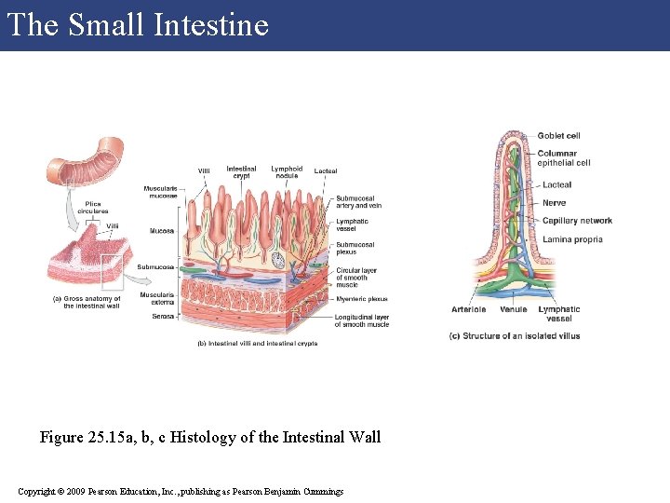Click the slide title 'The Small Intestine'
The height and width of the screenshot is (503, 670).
coord(137,24)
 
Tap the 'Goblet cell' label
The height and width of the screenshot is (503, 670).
coord(558,136)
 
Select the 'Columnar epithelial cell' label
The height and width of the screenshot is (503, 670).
coord(563,158)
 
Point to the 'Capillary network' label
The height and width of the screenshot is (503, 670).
coord(577,221)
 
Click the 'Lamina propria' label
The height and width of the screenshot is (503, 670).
coord(572,239)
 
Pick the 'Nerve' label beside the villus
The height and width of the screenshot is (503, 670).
coord(554,203)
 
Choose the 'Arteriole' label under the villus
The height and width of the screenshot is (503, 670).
coord(468,309)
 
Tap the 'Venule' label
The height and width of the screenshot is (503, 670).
coord(513,309)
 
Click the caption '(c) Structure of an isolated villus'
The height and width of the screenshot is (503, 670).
coord(514,335)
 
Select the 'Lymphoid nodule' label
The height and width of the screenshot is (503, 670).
coord(287,172)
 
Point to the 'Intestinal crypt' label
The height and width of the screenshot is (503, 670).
coord(241,172)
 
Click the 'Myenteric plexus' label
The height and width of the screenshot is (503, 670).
coord(362,299)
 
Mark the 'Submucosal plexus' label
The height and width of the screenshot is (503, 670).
coord(355,248)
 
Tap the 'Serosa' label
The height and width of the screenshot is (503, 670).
coord(163,316)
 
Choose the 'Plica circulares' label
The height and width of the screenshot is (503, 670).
coord(93,208)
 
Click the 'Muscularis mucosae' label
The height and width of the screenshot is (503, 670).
coord(160,192)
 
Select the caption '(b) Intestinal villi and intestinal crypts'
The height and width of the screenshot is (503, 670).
coord(258,343)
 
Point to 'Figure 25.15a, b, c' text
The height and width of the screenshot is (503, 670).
coord(210,437)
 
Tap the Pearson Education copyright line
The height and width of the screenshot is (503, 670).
coord(181,491)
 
